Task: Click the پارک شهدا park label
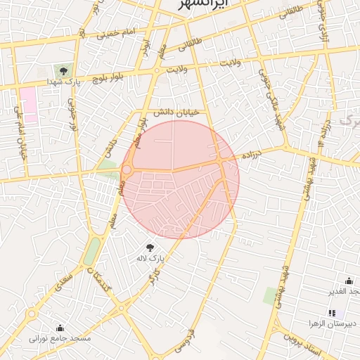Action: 63,82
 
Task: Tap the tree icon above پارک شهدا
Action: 63,71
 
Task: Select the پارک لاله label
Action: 150,259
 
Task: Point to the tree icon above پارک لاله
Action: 150,247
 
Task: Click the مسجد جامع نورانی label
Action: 60,339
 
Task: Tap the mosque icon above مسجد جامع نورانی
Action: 60,328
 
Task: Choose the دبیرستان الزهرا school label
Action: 332,324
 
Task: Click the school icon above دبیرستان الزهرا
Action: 332,313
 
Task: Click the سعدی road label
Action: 63,285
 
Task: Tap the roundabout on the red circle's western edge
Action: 127,169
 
